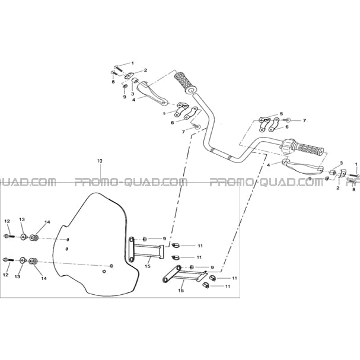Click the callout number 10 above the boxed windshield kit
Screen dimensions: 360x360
100,161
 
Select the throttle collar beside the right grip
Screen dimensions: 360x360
286,146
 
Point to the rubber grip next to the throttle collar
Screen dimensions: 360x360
308,149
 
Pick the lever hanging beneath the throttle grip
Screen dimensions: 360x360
302,167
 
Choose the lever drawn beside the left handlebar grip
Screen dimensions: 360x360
152,94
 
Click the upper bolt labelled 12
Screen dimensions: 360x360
9,236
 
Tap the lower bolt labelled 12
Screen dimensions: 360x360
8,260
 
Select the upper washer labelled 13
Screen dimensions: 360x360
24,237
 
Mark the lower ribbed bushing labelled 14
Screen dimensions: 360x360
33,262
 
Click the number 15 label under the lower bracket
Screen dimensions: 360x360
181,291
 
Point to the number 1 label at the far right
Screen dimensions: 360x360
356,164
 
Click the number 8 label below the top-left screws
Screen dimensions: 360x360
113,82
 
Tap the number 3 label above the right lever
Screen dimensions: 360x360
341,163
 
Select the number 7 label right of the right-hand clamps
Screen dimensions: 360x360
304,120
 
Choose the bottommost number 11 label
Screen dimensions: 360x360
228,286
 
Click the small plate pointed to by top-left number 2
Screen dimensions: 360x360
130,76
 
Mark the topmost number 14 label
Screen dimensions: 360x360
47,222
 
